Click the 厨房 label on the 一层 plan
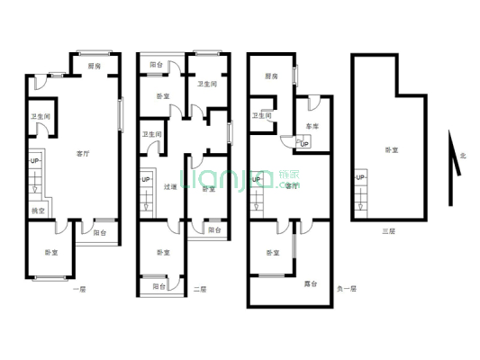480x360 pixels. point(94,65)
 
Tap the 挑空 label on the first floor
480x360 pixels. point(38,211)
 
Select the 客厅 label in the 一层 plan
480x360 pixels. point(83,154)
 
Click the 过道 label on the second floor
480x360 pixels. point(170,187)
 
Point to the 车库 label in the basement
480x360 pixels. point(312,127)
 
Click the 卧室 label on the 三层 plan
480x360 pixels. point(391,149)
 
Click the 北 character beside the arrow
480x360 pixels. point(463,156)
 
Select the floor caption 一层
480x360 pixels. point(79,289)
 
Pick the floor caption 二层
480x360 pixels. point(200,289)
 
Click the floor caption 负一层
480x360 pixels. point(347,289)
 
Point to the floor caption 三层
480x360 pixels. point(387,231)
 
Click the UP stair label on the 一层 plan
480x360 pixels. point(34,161)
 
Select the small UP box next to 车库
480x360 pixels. point(303,144)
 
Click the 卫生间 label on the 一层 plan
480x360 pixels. point(41,116)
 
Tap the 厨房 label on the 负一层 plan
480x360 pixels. point(271,76)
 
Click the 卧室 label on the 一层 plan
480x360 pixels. point(52,253)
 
